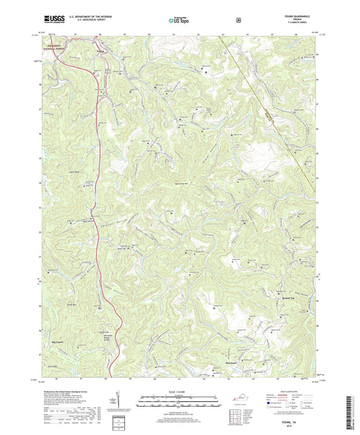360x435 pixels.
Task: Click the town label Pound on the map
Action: point(101,50)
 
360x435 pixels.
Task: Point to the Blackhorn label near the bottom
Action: point(232,362)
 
